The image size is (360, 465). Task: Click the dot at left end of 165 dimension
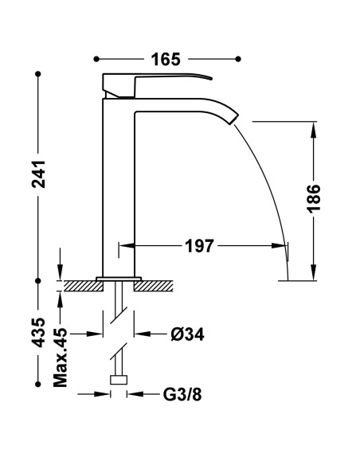(96, 59)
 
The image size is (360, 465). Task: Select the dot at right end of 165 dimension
(238, 59)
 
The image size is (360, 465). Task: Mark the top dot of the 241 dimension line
(38, 75)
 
